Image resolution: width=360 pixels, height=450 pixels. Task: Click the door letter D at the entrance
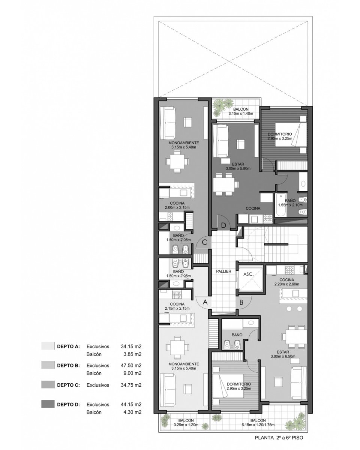coord(223,225)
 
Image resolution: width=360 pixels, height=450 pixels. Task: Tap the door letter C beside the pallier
coord(205,242)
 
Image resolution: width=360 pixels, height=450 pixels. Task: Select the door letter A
coord(205,302)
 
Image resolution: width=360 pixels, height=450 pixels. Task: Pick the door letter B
coord(241,302)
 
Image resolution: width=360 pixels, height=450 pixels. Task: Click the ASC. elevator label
coord(248,274)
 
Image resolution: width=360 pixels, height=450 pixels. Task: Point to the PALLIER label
coord(223,271)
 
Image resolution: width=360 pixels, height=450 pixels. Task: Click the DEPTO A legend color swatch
coord(48,346)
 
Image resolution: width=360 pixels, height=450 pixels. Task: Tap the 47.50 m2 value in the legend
coord(131,365)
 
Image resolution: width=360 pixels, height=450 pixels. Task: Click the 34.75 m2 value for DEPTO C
coord(131,385)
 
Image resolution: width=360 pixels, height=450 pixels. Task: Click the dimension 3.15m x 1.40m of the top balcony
coord(241,114)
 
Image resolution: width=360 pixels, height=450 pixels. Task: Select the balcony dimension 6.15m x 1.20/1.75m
coord(258,425)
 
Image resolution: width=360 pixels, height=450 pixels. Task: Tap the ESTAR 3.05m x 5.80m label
coord(238,166)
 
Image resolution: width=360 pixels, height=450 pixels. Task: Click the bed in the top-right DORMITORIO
coord(291,135)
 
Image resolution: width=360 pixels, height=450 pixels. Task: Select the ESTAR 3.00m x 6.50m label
coord(283,354)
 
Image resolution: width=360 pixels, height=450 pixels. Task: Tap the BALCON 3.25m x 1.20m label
coord(186,423)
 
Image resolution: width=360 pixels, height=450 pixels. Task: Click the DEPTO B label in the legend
coord(68,366)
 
